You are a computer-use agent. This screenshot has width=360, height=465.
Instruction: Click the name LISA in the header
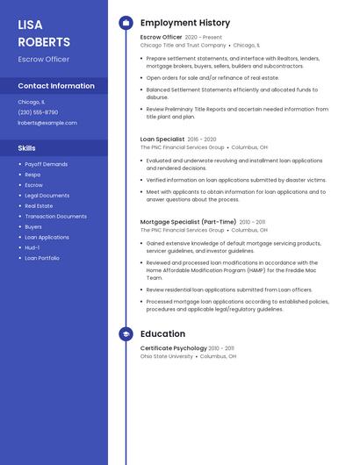coord(30,25)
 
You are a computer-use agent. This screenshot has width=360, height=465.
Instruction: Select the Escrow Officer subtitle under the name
coord(44,60)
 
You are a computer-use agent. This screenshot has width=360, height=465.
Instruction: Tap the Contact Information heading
coord(56,86)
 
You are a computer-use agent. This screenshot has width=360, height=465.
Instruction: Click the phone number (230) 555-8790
coord(38,112)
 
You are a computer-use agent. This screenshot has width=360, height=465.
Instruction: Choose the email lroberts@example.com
coord(47,123)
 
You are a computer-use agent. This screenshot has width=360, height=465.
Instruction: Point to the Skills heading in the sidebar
coord(27,148)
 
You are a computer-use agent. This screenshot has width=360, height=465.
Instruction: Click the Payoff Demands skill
coord(46,164)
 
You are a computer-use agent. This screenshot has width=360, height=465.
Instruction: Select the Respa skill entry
coord(32,175)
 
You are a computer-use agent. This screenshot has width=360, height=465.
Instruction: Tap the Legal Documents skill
coord(47,196)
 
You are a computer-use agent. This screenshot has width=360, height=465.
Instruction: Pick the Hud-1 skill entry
coord(32,247)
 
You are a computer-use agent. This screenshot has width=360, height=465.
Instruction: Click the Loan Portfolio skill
coord(42,258)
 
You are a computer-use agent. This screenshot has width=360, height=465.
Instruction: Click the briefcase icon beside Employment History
coord(126,23)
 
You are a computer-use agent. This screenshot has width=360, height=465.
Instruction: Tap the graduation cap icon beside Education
coord(126,334)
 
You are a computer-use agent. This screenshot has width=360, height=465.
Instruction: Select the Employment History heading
coord(185,23)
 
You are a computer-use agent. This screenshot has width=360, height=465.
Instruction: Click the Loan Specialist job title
coord(162,139)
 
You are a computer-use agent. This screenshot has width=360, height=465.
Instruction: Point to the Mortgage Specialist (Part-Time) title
coord(188,222)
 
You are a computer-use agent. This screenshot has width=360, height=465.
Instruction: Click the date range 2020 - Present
coord(204,38)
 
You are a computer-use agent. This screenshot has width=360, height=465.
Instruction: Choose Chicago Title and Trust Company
coord(183,45)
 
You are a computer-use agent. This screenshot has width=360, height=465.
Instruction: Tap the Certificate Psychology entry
coord(173,348)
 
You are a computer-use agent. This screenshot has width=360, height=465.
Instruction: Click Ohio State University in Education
coord(167,356)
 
